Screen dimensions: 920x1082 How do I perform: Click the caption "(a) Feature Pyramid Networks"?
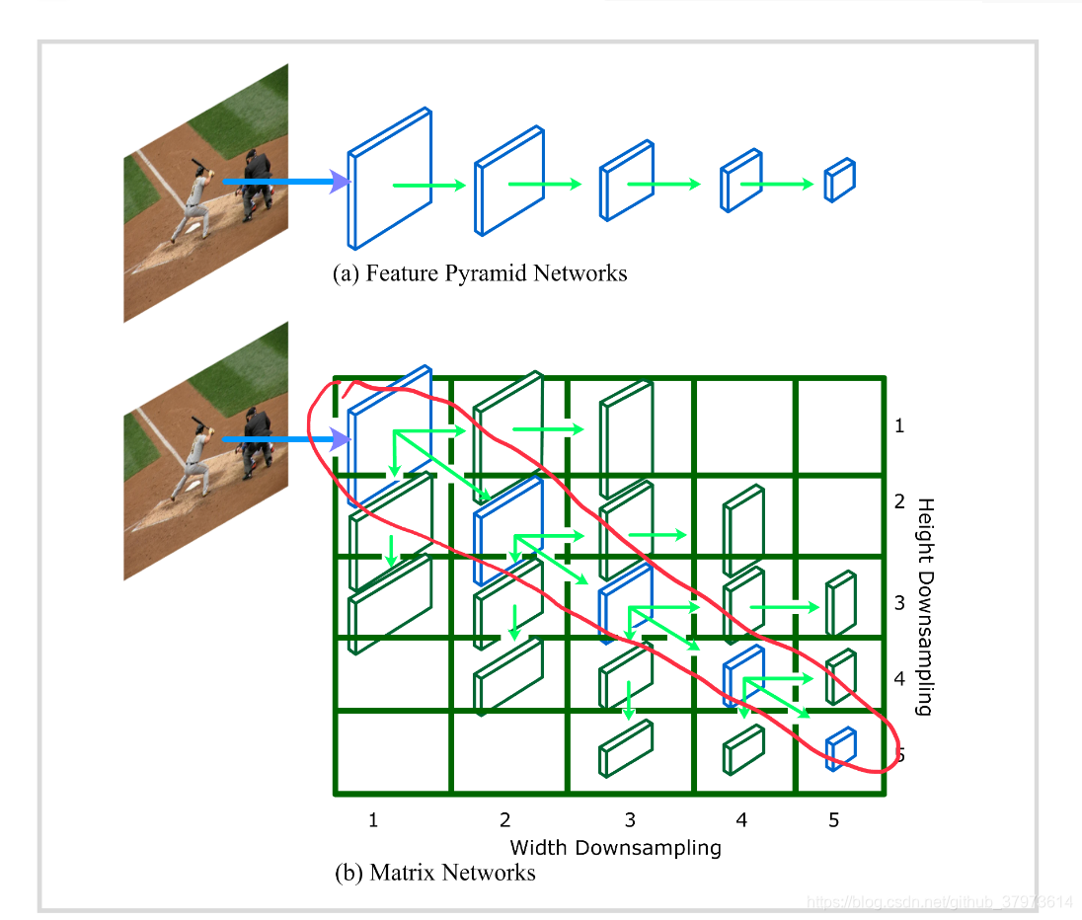(480, 273)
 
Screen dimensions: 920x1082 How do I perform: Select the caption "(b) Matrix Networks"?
(435, 873)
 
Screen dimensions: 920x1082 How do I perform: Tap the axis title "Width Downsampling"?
(615, 847)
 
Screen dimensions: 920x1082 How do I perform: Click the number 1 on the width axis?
(373, 819)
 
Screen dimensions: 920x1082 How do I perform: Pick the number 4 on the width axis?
(741, 819)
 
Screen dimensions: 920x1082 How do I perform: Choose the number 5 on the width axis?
(834, 819)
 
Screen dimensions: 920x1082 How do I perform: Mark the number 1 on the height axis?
(899, 426)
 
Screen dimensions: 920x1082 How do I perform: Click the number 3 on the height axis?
(899, 602)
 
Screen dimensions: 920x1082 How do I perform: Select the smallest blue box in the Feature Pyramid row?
(839, 181)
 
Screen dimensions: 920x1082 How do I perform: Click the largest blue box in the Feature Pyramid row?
(390, 180)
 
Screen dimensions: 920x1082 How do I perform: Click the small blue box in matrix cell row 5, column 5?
(841, 749)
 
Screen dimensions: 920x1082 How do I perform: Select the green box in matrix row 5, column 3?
(626, 748)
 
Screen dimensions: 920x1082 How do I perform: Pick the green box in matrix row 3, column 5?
(841, 603)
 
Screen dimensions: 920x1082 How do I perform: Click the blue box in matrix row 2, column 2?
(508, 531)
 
